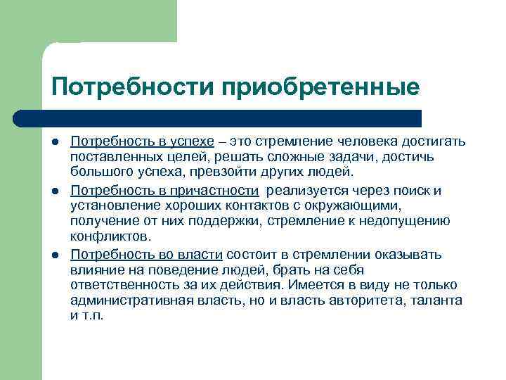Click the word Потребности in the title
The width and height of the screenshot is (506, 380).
(133, 87)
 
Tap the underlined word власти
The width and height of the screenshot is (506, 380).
(202, 254)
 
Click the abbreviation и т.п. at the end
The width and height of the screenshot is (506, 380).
(87, 316)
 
